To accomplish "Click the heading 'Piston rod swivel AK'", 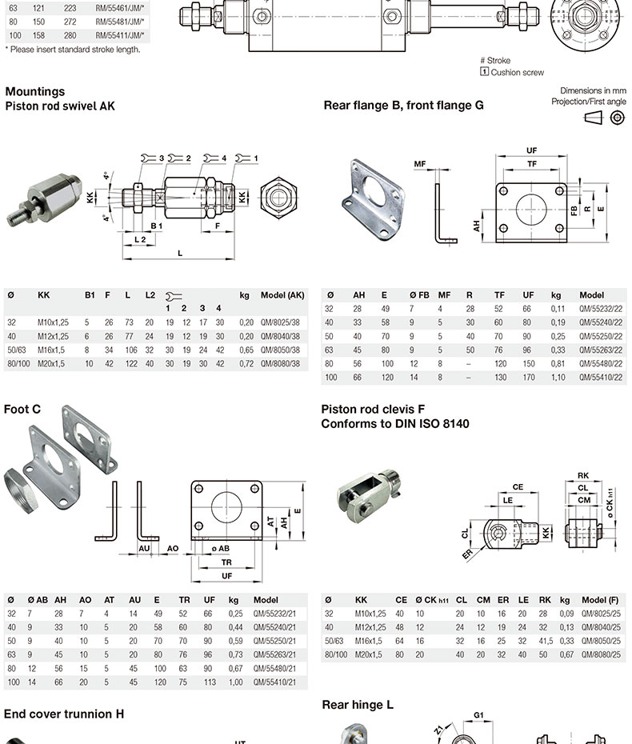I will (x=60, y=105).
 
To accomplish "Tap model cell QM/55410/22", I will (x=601, y=377).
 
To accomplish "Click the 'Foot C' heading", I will (x=22, y=409).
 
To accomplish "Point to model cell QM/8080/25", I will (x=600, y=654).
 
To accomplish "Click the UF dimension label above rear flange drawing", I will (x=531, y=150).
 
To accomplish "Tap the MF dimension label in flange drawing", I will (x=420, y=164).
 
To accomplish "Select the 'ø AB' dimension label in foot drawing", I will (x=220, y=548).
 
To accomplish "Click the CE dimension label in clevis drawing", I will (x=518, y=486).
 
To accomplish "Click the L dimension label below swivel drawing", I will (x=180, y=253).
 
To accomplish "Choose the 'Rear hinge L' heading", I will (x=358, y=705).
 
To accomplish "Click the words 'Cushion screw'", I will (x=517, y=72).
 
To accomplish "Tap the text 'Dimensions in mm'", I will (x=593, y=91).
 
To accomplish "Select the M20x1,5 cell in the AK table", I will (x=54, y=363).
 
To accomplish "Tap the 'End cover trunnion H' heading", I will (x=64, y=714).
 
